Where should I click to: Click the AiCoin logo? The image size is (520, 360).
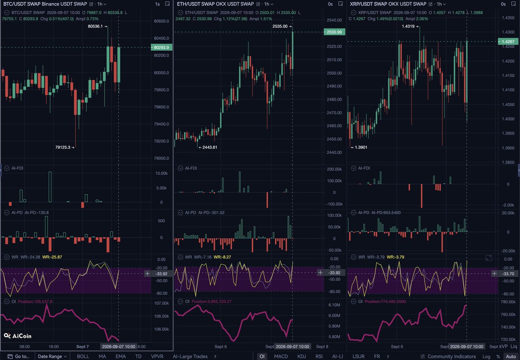(x=18, y=336)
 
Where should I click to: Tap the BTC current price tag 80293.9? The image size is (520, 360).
(x=161, y=47)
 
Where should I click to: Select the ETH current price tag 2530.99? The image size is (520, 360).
(x=334, y=32)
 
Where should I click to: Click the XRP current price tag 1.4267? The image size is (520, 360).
(x=508, y=42)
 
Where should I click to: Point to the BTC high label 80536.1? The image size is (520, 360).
(x=95, y=26)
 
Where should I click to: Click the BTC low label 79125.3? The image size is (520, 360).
(x=63, y=147)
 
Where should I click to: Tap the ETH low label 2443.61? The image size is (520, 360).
(x=210, y=147)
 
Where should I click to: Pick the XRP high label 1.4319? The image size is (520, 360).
(x=408, y=26)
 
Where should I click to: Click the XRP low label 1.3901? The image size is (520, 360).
(x=361, y=147)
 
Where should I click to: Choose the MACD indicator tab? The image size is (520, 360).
(x=281, y=356)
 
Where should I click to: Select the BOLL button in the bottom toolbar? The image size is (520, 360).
(x=83, y=356)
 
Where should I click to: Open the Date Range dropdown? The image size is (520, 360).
(x=52, y=356)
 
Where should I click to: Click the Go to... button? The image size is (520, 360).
(x=18, y=356)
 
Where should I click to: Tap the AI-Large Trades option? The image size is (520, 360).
(x=190, y=356)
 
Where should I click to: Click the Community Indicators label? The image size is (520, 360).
(x=452, y=356)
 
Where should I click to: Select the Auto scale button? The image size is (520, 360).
(x=511, y=356)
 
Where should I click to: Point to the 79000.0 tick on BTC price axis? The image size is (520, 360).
(x=161, y=158)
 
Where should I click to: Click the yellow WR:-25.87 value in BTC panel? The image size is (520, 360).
(x=52, y=257)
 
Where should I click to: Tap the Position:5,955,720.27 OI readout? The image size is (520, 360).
(x=211, y=301)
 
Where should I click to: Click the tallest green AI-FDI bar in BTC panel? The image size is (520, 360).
(x=50, y=187)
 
